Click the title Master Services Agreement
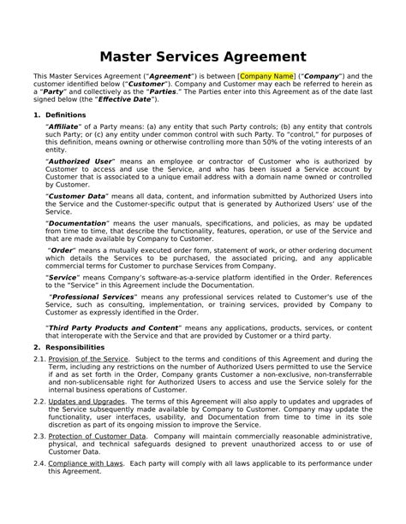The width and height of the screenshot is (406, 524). point(202,56)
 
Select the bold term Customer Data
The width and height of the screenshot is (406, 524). point(77,195)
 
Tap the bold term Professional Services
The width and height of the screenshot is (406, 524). point(89,296)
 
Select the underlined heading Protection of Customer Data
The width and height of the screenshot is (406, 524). point(97,434)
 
